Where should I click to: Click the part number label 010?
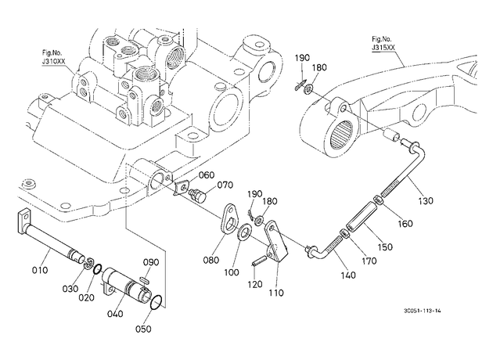tap(40, 270)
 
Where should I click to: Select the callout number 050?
tap(143, 329)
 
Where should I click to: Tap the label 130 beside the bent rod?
tap(425, 200)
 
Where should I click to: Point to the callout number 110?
tap(276, 293)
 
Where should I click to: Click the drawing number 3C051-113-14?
tap(423, 311)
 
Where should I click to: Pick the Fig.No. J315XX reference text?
tap(383, 43)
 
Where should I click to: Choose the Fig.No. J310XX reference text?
tap(53, 57)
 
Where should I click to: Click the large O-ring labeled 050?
tap(157, 302)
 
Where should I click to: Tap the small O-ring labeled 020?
tap(98, 268)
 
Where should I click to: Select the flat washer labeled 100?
tap(244, 232)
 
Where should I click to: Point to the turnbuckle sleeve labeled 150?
tap(361, 217)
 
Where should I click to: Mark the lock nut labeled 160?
tap(378, 200)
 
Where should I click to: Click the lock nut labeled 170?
tap(344, 234)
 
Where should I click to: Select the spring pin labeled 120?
tap(259, 261)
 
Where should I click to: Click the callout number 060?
tap(207, 175)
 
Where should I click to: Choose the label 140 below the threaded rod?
tap(348, 275)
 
